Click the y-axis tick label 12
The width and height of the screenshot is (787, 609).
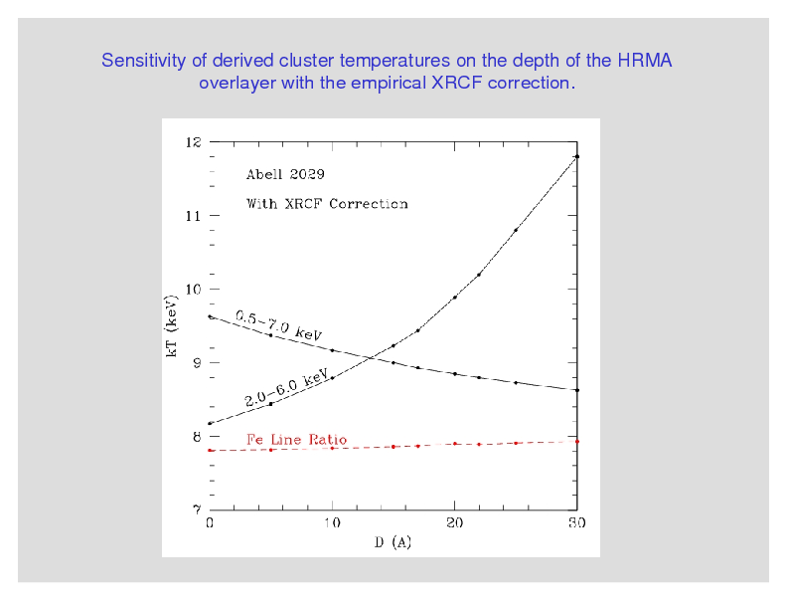(x=193, y=142)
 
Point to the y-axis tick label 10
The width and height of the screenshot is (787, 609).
(x=193, y=290)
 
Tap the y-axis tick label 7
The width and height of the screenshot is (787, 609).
(x=196, y=509)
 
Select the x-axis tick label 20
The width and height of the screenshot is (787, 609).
(x=454, y=523)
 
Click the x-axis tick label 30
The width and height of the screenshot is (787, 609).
(x=576, y=523)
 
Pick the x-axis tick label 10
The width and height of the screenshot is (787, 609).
(x=332, y=523)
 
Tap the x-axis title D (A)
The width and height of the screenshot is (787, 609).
(x=393, y=542)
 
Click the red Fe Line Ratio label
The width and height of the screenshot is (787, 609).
(x=296, y=439)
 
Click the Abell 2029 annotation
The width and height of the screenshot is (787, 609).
(x=285, y=174)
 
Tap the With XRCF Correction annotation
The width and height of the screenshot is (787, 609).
(x=327, y=204)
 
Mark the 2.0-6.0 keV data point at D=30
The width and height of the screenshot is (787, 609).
(x=576, y=156)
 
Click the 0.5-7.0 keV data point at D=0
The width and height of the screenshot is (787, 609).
(x=210, y=316)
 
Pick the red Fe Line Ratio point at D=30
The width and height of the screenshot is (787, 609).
(x=576, y=441)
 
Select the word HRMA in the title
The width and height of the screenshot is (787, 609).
(x=645, y=61)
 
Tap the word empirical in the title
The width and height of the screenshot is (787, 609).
(x=387, y=83)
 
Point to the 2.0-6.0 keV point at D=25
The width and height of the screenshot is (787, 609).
(x=516, y=230)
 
